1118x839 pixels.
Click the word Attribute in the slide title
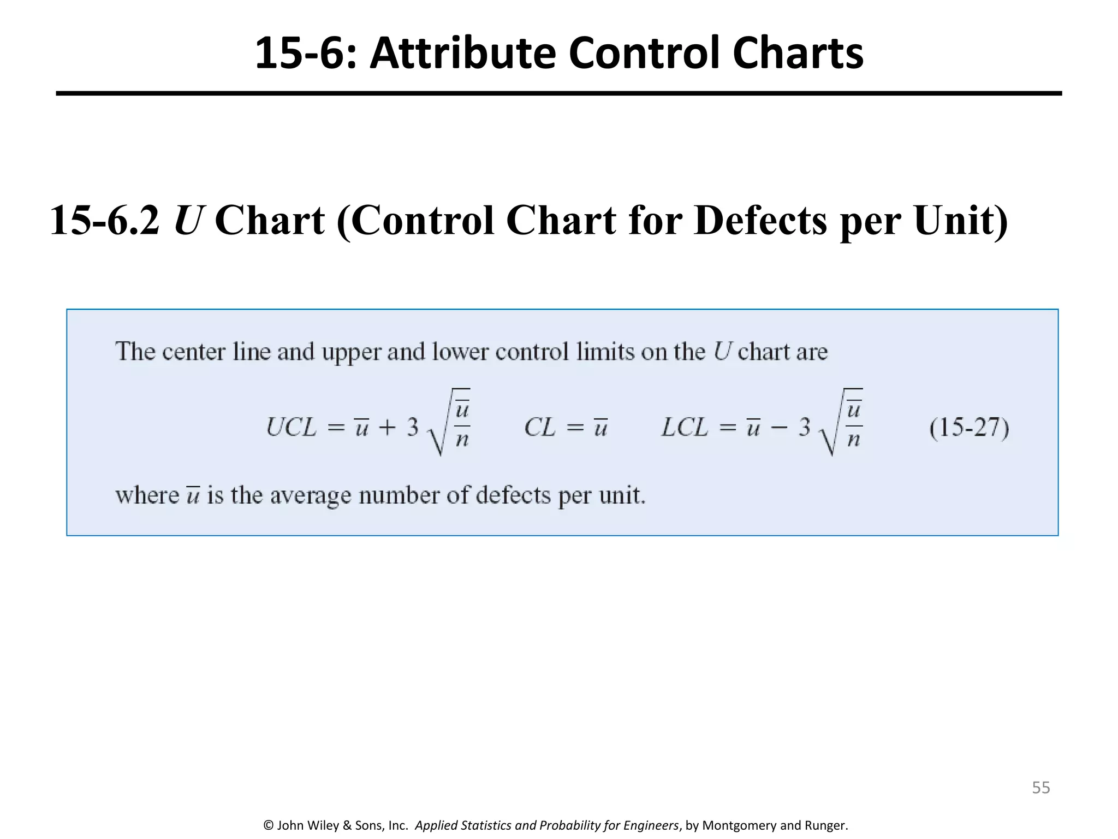(462, 53)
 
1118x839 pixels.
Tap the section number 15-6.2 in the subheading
(105, 221)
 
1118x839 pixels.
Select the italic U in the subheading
(187, 221)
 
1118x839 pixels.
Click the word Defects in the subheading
(760, 221)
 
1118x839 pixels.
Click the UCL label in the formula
(291, 427)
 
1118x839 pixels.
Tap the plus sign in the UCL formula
(387, 428)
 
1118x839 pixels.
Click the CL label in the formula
(539, 427)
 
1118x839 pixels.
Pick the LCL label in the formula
(685, 427)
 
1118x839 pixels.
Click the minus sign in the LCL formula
(780, 428)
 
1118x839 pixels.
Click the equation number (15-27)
(969, 427)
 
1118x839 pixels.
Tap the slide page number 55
(1040, 788)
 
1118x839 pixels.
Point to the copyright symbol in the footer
(268, 825)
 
